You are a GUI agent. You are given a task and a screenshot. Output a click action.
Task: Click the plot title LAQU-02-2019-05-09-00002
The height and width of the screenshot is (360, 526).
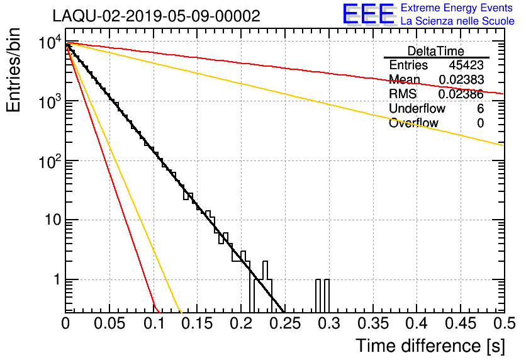click(155, 16)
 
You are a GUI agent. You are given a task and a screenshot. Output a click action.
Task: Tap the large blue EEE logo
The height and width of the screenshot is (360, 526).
click(368, 14)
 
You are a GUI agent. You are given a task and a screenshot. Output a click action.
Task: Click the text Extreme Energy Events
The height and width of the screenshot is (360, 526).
click(457, 8)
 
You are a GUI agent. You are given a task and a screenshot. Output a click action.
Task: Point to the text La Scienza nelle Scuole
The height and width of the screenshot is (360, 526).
click(457, 21)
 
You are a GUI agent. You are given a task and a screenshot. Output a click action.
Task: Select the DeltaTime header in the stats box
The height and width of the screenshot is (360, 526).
click(436, 51)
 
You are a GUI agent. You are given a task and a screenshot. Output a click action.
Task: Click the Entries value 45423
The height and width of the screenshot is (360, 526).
click(466, 65)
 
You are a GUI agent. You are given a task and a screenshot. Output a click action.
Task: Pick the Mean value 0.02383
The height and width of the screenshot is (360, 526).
click(461, 80)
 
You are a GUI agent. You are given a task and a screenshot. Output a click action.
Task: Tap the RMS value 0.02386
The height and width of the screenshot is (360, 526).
click(461, 94)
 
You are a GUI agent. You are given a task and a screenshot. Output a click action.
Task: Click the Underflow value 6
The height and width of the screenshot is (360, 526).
click(480, 109)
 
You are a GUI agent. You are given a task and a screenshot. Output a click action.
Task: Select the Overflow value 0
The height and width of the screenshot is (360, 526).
click(480, 123)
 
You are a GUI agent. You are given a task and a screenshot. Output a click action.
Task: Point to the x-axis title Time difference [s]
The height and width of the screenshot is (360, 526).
click(428, 346)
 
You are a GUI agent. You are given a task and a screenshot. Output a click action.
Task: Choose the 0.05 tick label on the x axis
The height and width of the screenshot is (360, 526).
click(109, 324)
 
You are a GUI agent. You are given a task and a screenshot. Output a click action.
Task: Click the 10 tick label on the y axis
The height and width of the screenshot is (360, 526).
click(49, 221)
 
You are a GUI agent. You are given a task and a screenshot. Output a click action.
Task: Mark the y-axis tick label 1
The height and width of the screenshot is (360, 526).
click(55, 280)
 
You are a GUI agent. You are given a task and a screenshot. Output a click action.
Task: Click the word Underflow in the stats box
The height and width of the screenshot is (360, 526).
click(416, 109)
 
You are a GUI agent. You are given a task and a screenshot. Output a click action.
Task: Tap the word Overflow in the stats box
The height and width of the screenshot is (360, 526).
click(413, 123)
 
